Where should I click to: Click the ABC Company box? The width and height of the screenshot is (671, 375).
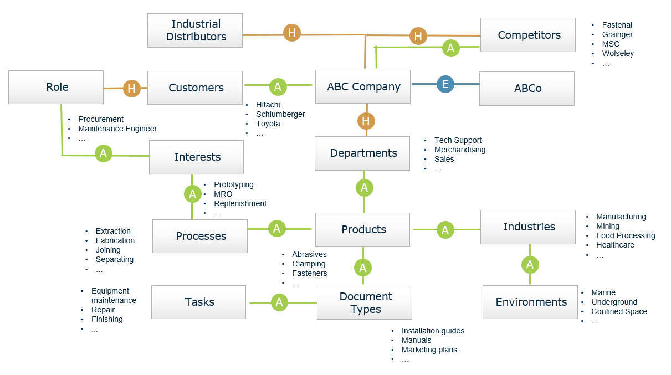click(363, 87)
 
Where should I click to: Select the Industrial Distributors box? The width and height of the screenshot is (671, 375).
click(195, 30)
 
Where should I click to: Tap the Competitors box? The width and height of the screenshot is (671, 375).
click(528, 35)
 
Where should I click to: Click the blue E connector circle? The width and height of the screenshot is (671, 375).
click(445, 84)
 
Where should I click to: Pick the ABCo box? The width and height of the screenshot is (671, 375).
click(527, 89)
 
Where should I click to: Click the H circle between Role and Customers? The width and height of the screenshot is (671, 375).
click(131, 88)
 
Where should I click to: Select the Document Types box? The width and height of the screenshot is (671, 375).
click(365, 303)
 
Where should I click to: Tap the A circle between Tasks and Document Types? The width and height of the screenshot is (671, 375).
click(279, 302)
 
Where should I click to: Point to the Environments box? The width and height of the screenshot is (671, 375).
click(530, 302)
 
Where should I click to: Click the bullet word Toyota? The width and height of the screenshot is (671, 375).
click(268, 124)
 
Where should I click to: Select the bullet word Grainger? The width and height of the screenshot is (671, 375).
click(617, 34)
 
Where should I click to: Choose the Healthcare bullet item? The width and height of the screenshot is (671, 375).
click(615, 245)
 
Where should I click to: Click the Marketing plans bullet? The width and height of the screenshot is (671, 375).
click(429, 350)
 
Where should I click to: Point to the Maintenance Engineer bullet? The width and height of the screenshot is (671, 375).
click(117, 129)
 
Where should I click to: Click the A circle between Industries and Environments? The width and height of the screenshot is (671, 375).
click(530, 265)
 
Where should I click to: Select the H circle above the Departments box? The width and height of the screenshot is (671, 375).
click(365, 121)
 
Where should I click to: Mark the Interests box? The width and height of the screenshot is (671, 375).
click(197, 157)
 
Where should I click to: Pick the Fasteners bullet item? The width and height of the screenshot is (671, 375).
click(309, 273)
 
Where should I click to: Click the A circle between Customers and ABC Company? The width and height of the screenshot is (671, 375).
click(278, 86)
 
